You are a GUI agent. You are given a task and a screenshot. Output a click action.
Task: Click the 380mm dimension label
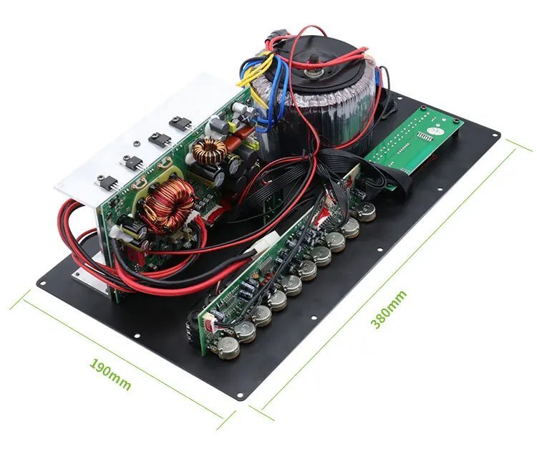click(389, 309)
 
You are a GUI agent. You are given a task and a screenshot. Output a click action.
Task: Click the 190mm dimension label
click(110, 375)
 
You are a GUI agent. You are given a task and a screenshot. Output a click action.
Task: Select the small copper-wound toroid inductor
click(210, 150)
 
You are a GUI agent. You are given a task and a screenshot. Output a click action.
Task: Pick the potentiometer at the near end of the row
click(228, 348)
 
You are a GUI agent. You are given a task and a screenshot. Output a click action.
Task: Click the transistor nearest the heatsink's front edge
click(109, 182)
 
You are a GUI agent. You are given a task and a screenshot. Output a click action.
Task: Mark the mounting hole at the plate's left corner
click(42, 283)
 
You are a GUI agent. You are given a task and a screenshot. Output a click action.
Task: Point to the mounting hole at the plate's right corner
click(497, 135)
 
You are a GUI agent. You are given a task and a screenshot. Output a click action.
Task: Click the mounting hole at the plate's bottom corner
click(240, 397)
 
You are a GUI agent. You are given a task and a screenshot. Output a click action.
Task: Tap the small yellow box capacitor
click(233, 127)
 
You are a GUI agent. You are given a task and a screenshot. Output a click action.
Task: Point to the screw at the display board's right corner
click(456, 120)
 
